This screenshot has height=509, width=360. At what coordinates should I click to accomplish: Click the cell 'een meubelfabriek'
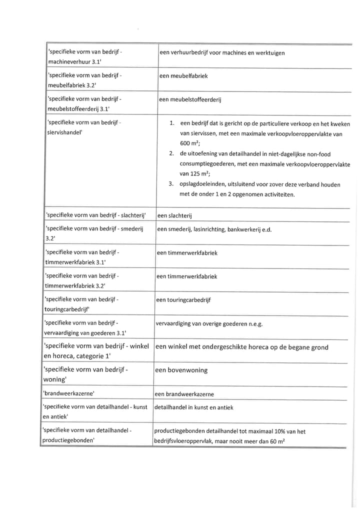pos(183,76)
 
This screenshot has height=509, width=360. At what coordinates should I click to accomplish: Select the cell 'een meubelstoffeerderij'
pos(190,99)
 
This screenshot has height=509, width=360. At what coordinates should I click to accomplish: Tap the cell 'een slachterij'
pos(175,215)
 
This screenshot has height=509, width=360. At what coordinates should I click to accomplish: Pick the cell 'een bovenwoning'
pos(181,370)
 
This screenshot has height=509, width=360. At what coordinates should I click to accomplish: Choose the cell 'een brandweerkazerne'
pos(184,394)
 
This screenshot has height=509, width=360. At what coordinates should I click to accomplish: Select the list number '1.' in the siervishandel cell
pos(172,123)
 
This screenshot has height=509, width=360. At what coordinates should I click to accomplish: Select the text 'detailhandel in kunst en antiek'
pos(194,407)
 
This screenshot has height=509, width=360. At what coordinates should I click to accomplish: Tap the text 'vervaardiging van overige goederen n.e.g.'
pos(209,323)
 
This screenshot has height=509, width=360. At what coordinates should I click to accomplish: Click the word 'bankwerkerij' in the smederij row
pos(244,229)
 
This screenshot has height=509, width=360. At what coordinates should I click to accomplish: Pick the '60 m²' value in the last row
pos(277,441)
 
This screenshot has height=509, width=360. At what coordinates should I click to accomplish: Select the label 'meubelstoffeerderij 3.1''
pos(78,108)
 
